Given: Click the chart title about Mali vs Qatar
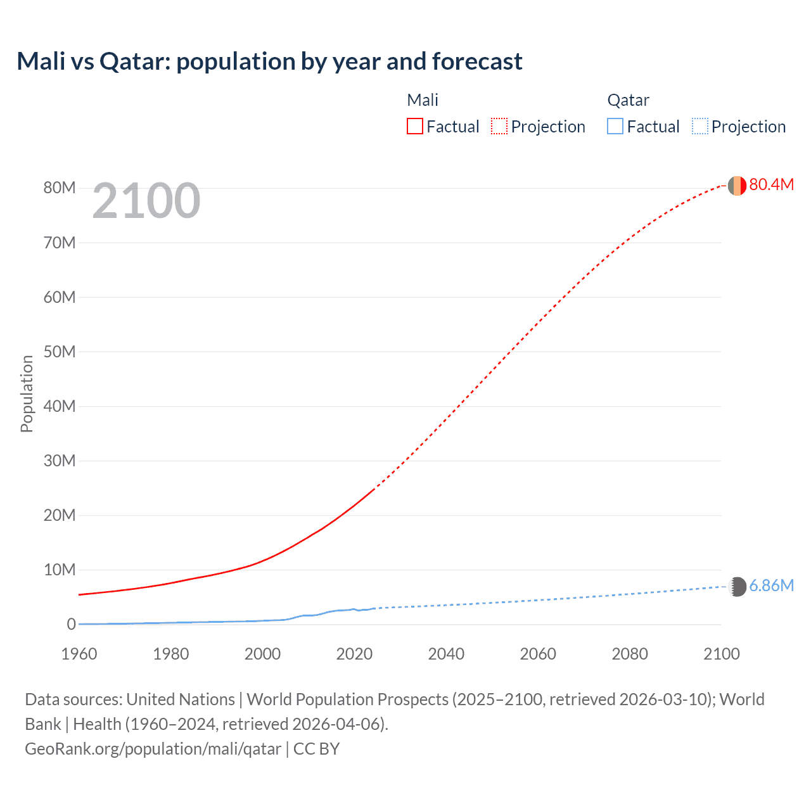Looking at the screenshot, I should pyautogui.click(x=269, y=61).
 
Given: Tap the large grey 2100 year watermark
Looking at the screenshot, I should pyautogui.click(x=146, y=201).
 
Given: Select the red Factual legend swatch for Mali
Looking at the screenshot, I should pyautogui.click(x=414, y=126).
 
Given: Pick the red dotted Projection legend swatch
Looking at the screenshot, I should pyautogui.click(x=499, y=126).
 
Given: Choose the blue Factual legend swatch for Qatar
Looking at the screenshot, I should pyautogui.click(x=615, y=126).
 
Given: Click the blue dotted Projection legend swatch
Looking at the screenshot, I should pyautogui.click(x=699, y=126).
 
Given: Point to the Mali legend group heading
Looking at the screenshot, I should pyautogui.click(x=423, y=100).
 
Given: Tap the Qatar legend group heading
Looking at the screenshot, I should pyautogui.click(x=628, y=100).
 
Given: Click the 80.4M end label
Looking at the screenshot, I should pyautogui.click(x=771, y=184).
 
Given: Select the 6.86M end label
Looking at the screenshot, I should pyautogui.click(x=771, y=585).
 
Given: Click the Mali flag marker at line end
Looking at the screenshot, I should pyautogui.click(x=737, y=186).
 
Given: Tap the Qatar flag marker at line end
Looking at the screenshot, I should pyautogui.click(x=738, y=587).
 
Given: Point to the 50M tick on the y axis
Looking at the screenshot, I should pyautogui.click(x=60, y=352).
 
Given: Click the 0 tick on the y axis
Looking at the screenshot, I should pyautogui.click(x=71, y=624).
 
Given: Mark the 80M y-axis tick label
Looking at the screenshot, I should pyautogui.click(x=60, y=188).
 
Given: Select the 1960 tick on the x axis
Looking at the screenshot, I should pyautogui.click(x=79, y=654).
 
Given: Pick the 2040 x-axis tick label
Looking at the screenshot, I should pyautogui.click(x=446, y=654).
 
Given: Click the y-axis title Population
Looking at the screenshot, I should pyautogui.click(x=27, y=393).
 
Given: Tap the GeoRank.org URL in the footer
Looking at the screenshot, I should pyautogui.click(x=153, y=749).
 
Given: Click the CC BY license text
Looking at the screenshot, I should pyautogui.click(x=316, y=749).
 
